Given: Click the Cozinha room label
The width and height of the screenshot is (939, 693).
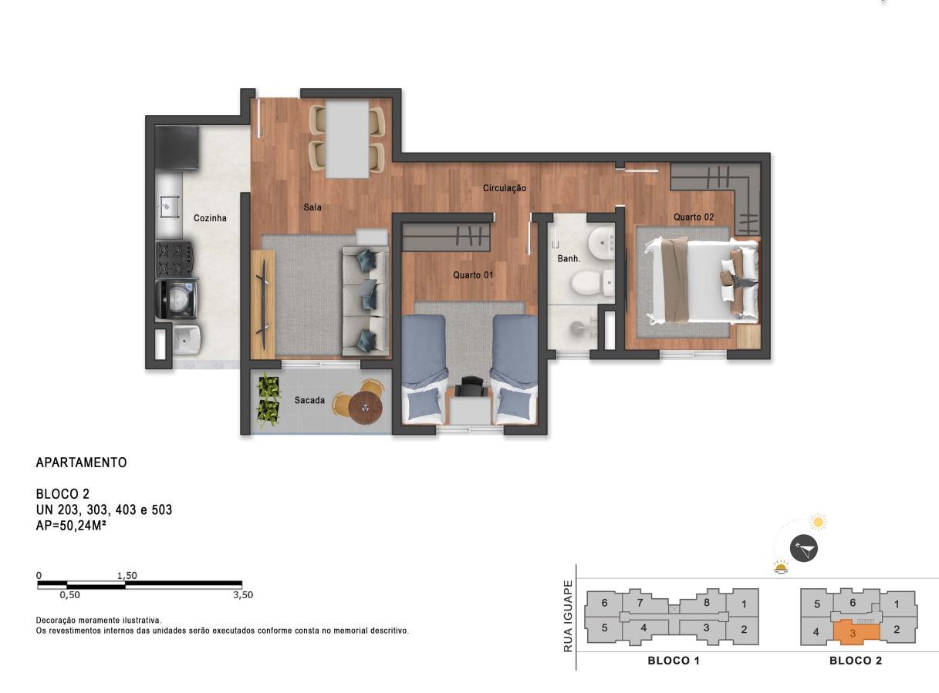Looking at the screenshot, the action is [210, 218].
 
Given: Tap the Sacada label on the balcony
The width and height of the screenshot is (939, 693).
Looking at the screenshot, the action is [309, 400].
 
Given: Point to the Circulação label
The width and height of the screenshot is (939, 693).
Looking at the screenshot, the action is [504, 188].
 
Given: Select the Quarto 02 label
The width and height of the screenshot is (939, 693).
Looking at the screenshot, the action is [694, 217].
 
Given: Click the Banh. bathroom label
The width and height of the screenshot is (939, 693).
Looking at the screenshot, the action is [569, 258].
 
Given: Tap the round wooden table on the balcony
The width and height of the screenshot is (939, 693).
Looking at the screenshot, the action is [366, 408].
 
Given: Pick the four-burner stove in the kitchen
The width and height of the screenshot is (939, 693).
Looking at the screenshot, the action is [175, 258].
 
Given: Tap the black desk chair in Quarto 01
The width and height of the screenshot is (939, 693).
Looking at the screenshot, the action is [470, 386].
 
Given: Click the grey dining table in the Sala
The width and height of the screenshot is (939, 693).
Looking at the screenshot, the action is [347, 139].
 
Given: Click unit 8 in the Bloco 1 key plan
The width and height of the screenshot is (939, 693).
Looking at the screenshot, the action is [706, 602].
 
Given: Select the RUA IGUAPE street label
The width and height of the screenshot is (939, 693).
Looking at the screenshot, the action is [568, 616].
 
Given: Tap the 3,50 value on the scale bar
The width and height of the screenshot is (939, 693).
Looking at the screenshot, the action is [243, 595].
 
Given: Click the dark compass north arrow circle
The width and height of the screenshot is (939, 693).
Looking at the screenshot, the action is [803, 549].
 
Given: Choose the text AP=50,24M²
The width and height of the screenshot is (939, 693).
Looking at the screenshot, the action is [71, 526].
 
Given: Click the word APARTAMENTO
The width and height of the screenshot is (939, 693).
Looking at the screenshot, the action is [81, 463].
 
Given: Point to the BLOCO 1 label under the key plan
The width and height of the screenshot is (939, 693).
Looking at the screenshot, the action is [674, 661].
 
